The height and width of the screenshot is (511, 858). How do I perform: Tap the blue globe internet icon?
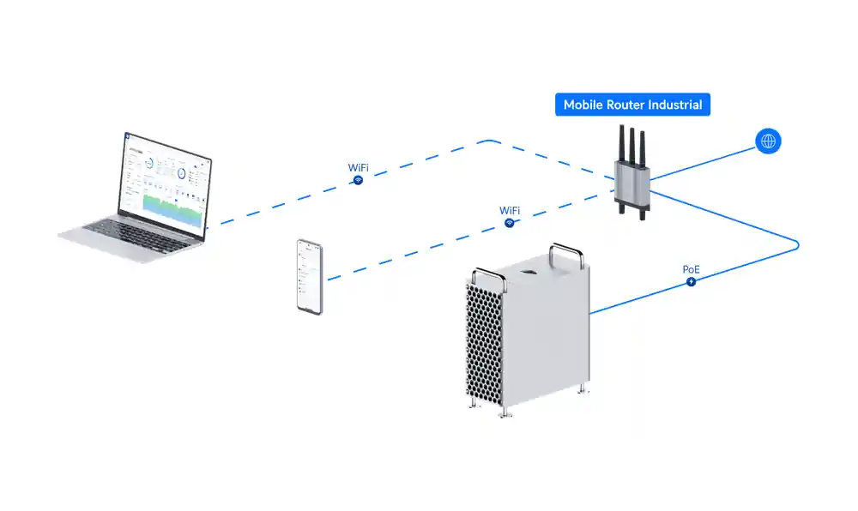(x=768, y=141)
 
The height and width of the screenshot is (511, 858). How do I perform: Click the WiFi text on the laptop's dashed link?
(x=359, y=167)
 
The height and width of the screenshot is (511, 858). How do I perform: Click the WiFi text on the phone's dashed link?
(x=510, y=210)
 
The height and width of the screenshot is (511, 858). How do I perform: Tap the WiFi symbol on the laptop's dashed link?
(x=359, y=180)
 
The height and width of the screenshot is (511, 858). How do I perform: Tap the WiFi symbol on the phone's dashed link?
(x=510, y=223)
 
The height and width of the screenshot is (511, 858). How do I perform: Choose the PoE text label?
(x=692, y=269)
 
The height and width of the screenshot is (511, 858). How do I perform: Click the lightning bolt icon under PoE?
(x=692, y=281)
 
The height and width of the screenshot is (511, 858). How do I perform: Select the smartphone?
(x=310, y=276)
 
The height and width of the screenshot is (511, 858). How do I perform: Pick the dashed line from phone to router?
(x=412, y=252)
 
